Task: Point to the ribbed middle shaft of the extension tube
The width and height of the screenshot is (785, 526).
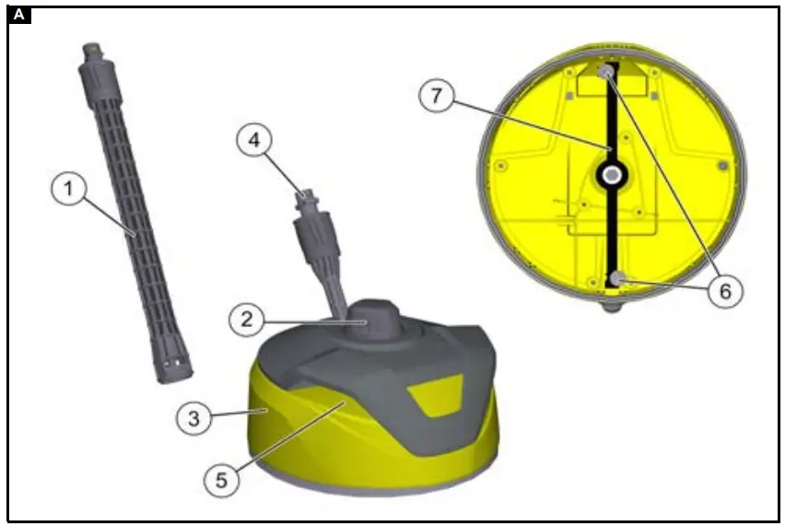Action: tap(131, 212)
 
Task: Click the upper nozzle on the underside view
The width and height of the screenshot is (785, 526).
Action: tap(606, 72)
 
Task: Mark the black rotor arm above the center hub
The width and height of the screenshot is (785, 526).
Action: tap(609, 120)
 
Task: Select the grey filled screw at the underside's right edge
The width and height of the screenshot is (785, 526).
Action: tap(722, 165)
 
